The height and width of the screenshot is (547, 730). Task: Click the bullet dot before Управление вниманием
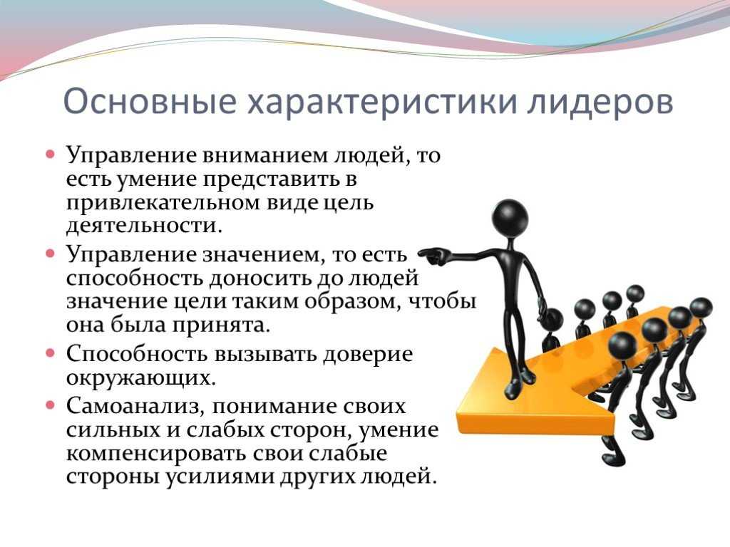coord(51,154)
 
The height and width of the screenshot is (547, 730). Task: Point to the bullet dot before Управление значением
coord(51,254)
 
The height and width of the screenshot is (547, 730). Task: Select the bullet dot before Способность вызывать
coord(51,353)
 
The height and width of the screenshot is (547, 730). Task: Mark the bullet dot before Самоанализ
coord(51,405)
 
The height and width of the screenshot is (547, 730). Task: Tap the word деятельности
coord(144,226)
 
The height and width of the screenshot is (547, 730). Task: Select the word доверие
coord(367,355)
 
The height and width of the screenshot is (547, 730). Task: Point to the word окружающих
coord(141,378)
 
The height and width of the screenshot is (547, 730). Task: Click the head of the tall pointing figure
coord(510,216)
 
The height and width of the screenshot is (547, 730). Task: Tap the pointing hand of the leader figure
coord(433,256)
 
